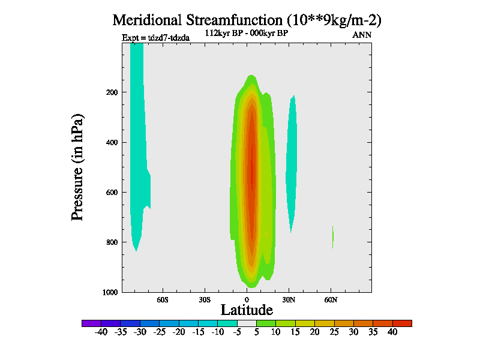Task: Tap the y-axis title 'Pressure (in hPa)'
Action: (x=77, y=166)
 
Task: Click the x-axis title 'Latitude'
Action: (x=247, y=310)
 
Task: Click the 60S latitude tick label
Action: (x=162, y=299)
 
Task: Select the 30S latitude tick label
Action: (x=204, y=299)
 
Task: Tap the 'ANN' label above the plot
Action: (x=362, y=35)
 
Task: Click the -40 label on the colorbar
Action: (x=101, y=332)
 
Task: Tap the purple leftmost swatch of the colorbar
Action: (x=91, y=323)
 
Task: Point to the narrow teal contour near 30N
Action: (x=292, y=162)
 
